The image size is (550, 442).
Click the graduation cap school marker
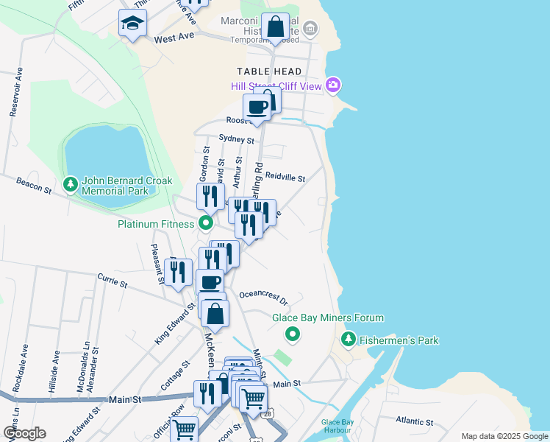pyautogui.click(x=132, y=24)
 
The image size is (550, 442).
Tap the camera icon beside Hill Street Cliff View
pyautogui.click(x=333, y=85)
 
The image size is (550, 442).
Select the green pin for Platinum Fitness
pyautogui.click(x=206, y=222)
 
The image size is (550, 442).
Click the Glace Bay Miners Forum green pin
pyautogui.click(x=293, y=335)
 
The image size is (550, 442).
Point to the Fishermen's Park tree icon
pyautogui.click(x=349, y=340)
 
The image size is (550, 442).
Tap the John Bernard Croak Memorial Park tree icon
pyautogui.click(x=71, y=184)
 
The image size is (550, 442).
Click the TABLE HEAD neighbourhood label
pyautogui.click(x=269, y=71)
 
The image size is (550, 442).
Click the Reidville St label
pyautogui.click(x=285, y=177)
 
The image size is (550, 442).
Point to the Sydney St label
pyautogui.click(x=237, y=138)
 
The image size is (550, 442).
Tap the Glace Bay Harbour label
pyautogui.click(x=337, y=426)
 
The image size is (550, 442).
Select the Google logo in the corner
pyautogui.click(x=24, y=432)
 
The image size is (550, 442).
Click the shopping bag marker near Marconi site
pyautogui.click(x=275, y=28)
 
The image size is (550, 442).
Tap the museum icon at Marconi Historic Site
pyautogui.click(x=310, y=29)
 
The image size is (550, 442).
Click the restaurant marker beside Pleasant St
pyautogui.click(x=178, y=272)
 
